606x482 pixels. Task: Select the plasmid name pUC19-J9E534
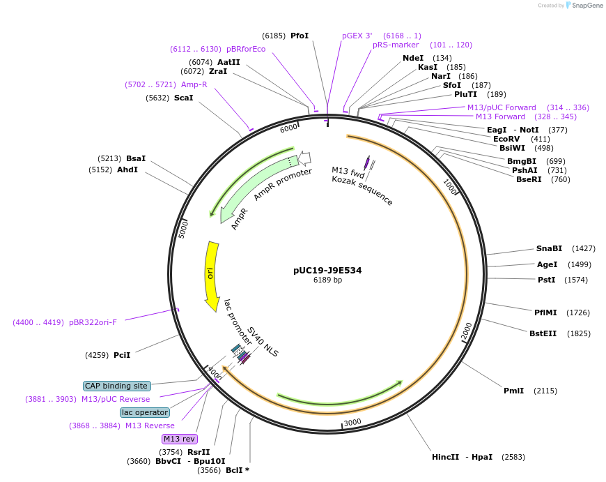327,270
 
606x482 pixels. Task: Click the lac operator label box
144,412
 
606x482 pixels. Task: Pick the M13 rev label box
179,439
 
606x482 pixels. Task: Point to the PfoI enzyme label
300,36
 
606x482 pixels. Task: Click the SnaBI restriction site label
549,248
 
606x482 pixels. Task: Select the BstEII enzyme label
543,333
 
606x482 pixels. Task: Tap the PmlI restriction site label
513,391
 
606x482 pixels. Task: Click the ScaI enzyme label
183,98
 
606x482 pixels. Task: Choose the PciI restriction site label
122,355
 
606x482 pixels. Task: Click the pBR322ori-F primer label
93,322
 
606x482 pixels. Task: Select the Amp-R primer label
194,84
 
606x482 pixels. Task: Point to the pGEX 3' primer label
357,36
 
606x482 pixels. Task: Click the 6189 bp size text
327,280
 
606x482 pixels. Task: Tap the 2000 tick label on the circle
467,331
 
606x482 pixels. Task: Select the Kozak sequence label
362,190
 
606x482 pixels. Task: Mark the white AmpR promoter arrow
304,158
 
